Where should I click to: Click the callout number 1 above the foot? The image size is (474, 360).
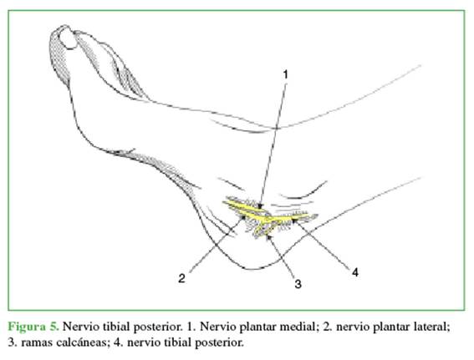pos(285,74)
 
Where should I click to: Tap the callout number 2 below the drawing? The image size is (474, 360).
pos(181,278)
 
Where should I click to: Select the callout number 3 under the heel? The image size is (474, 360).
pos(298,284)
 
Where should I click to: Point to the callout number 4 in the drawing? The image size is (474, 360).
pos(355,272)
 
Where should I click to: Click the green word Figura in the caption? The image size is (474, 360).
pos(27,327)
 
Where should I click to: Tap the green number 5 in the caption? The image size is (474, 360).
pos(54,327)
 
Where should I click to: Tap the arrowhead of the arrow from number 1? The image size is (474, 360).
pos(261,206)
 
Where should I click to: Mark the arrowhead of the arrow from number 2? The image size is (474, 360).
pos(242,217)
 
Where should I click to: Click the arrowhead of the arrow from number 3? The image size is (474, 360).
pos(268,236)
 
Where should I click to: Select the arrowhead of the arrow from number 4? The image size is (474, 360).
pos(294,221)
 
